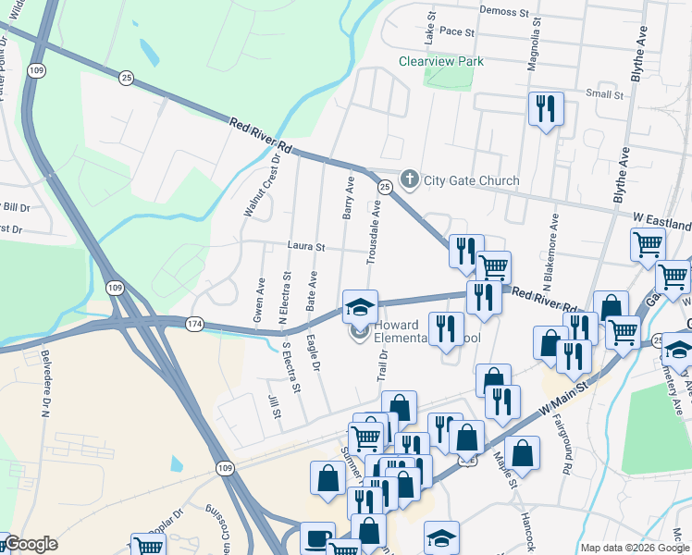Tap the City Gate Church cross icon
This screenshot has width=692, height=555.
pyautogui.click(x=410, y=179)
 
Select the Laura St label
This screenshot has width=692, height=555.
pyautogui.click(x=306, y=247)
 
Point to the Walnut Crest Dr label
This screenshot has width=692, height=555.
pyautogui.click(x=262, y=186)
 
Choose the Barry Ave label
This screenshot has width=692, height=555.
pyautogui.click(x=349, y=198)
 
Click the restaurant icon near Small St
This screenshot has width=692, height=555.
pyautogui.click(x=544, y=108)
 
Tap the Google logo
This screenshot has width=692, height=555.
pyautogui.click(x=31, y=544)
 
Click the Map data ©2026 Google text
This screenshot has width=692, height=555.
pyautogui.click(x=633, y=548)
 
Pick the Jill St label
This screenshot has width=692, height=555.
pyautogui.click(x=275, y=407)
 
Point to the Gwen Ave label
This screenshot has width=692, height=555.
pyautogui.click(x=259, y=300)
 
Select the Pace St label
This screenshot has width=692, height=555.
pyautogui.click(x=457, y=31)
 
